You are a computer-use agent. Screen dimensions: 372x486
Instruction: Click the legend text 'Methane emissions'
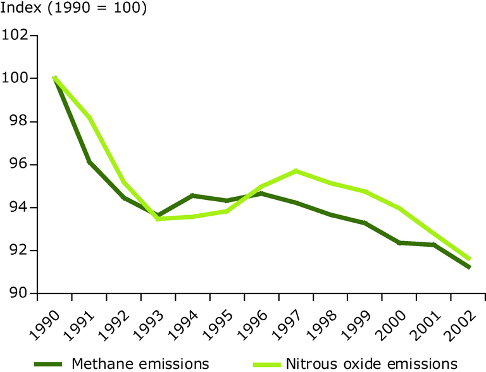tap(140, 363)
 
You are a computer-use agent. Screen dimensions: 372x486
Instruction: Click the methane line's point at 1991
tap(89, 162)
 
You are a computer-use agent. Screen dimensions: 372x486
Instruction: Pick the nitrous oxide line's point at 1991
tap(89, 118)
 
